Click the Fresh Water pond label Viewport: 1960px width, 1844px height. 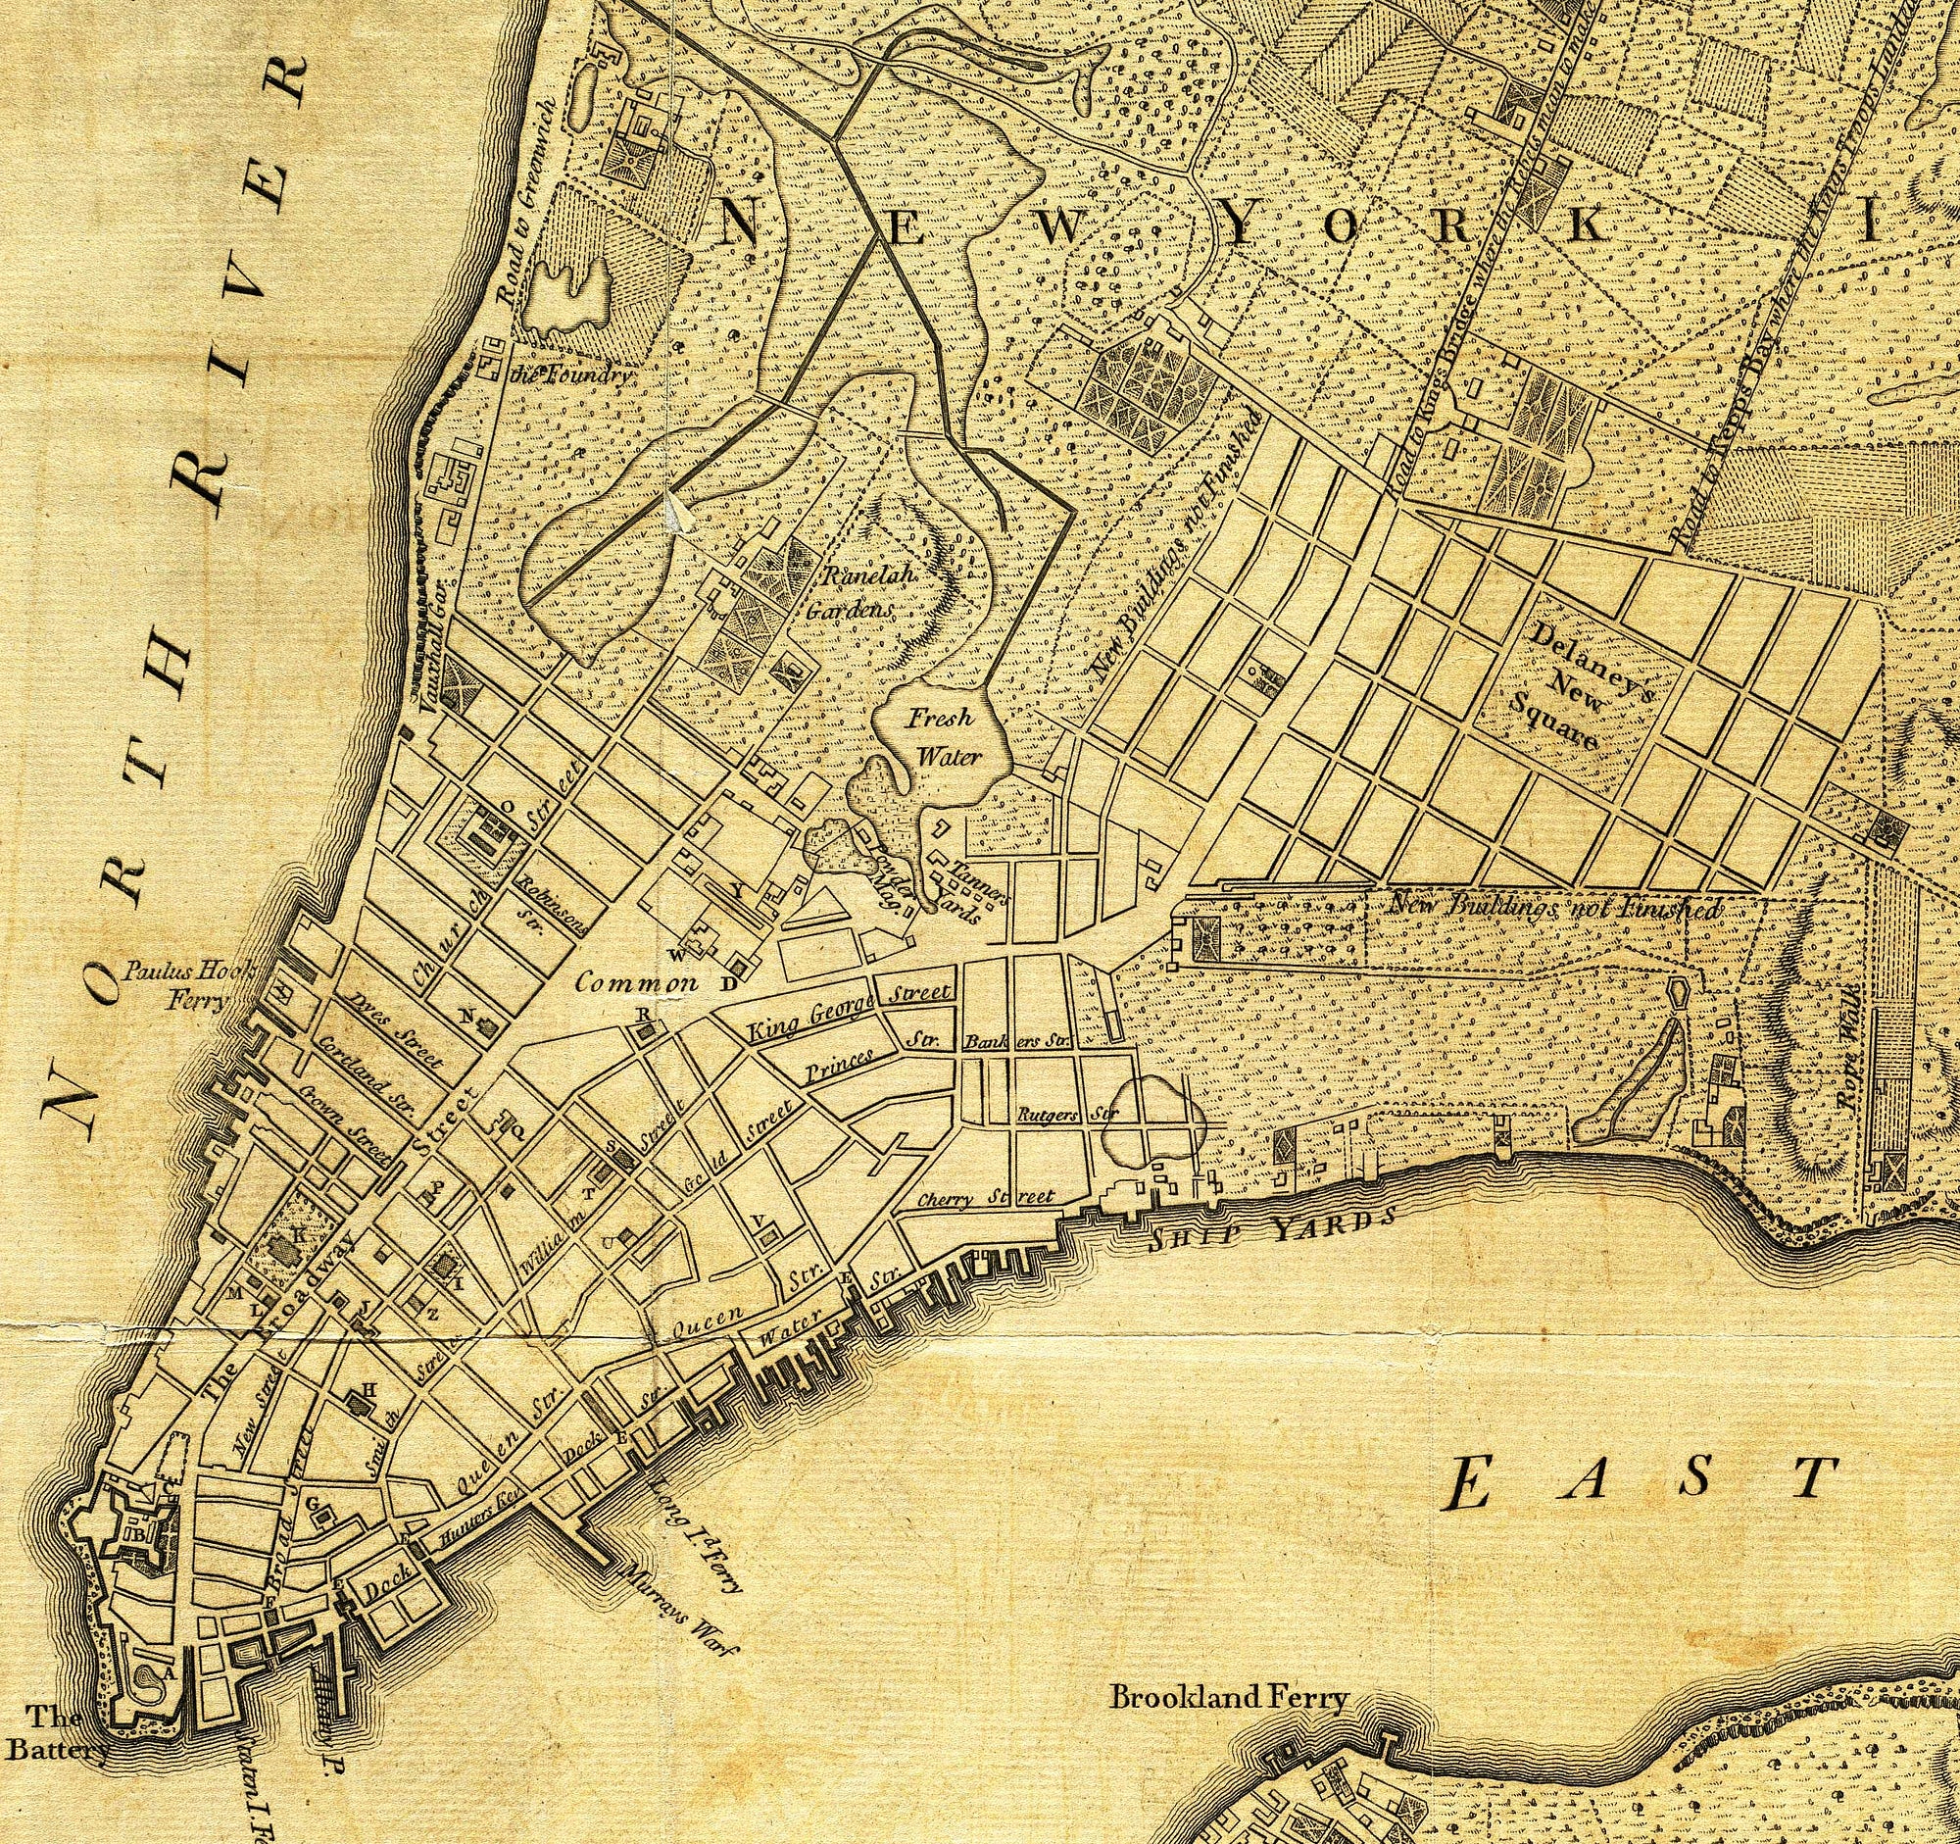tap(942, 737)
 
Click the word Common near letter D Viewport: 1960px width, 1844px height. tap(636, 983)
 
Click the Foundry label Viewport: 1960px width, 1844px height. tap(565, 375)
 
